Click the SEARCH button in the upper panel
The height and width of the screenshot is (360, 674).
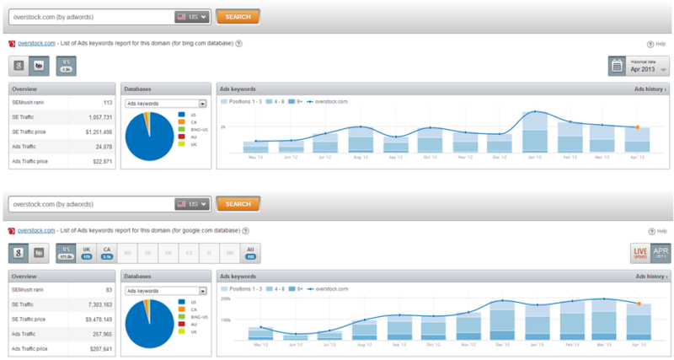[238, 16]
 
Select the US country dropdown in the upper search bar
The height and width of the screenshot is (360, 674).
[192, 16]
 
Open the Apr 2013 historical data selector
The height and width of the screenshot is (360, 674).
[639, 67]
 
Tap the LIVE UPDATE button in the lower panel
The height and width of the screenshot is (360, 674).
[640, 252]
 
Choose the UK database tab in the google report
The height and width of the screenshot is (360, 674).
[87, 253]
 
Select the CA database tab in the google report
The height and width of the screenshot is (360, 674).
[106, 253]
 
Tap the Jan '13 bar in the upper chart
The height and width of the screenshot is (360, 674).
[535, 132]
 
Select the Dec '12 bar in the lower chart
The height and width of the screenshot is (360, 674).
[501, 320]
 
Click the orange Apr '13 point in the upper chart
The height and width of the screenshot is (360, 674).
[639, 127]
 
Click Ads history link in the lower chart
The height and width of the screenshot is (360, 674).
[650, 276]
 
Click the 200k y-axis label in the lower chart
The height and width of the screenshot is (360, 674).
[225, 298]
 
